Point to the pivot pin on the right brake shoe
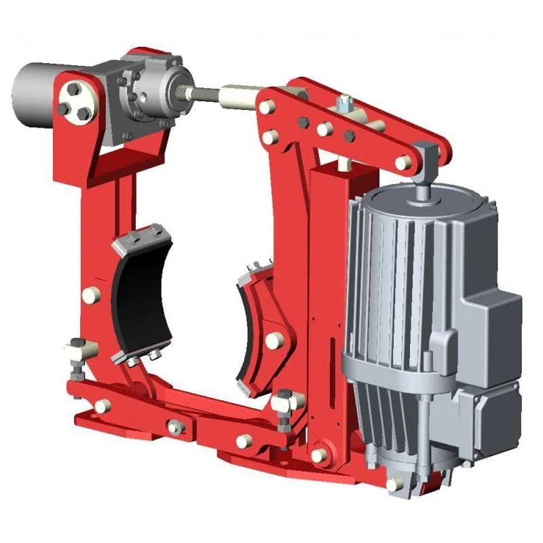tap(273, 341)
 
